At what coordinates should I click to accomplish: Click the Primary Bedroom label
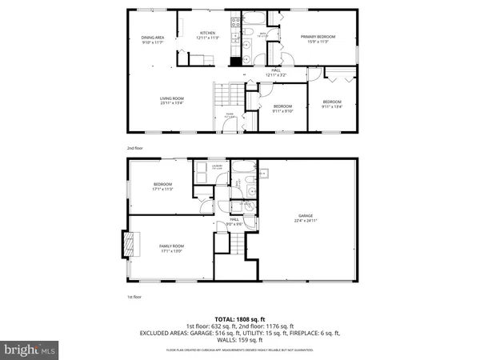pos(318,38)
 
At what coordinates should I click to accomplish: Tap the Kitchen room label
pos(209,34)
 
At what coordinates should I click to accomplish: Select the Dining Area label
pos(153,39)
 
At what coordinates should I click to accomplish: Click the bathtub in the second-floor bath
pos(257,17)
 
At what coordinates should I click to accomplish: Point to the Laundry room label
pos(217,168)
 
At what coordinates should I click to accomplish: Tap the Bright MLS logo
pos(30,350)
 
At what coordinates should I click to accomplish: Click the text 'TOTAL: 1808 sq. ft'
pos(240,318)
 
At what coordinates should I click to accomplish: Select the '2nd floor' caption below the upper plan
pos(134,148)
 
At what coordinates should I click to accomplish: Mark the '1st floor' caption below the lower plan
pos(134,297)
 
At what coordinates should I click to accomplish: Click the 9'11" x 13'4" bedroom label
pos(332,103)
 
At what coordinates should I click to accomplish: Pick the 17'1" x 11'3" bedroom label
pos(162,186)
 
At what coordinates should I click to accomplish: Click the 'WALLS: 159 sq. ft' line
pos(240,339)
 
